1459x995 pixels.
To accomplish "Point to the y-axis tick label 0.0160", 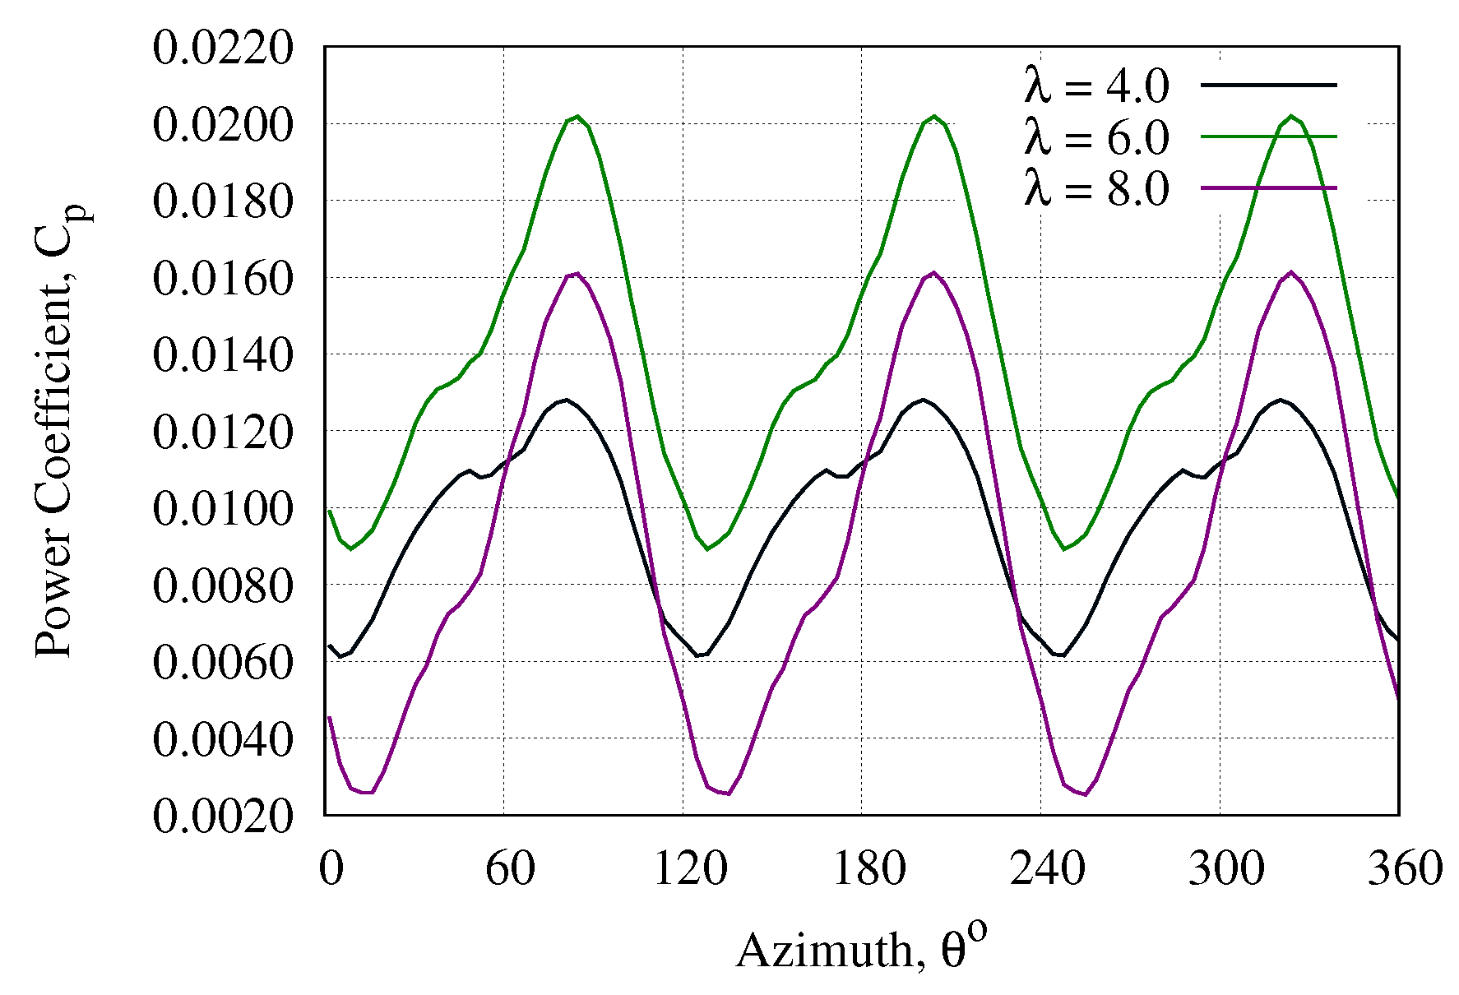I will (x=222, y=279).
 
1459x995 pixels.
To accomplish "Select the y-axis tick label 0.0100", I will (x=222, y=509).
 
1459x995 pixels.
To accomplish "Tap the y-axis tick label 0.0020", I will (x=222, y=817).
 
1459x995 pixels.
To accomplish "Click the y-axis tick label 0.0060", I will (x=222, y=663).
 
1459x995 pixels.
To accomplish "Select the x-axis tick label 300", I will (x=1225, y=868).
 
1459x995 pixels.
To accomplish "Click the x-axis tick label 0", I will (x=331, y=868).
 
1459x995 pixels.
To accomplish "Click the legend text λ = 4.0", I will (x=1096, y=86).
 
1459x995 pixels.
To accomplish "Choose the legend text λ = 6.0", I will (x=1096, y=137).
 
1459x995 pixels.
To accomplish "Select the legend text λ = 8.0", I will (x=1096, y=189).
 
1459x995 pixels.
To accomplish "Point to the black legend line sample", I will (x=1268, y=84).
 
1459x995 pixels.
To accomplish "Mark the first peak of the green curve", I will (x=578, y=117).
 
